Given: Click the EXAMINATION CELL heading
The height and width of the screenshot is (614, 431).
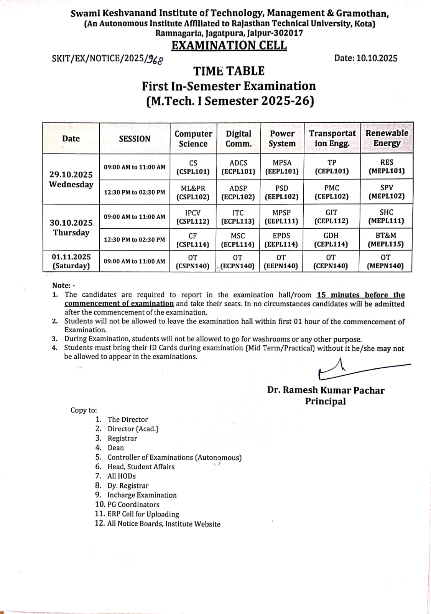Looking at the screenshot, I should [229, 45].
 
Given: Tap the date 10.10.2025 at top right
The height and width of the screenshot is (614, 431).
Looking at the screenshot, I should [365, 58].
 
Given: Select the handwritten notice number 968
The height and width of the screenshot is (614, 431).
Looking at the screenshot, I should [156, 59].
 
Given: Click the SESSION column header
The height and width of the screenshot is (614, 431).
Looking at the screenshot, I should [134, 139].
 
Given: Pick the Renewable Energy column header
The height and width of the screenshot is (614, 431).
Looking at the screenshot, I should [387, 138].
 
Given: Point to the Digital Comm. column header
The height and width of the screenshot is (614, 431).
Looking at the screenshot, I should [238, 139].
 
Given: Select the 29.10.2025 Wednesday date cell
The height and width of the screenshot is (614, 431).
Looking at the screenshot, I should [71, 179].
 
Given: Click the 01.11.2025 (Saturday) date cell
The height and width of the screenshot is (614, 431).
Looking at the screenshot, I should [71, 261].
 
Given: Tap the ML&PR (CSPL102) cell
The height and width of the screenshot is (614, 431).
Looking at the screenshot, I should [193, 192].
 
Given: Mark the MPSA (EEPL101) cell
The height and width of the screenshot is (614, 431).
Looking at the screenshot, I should [282, 167].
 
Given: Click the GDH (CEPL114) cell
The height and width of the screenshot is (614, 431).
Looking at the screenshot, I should [331, 240].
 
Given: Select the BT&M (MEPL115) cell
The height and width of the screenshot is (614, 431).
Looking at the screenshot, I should [386, 240].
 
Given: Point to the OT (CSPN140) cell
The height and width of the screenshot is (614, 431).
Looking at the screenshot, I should [192, 261].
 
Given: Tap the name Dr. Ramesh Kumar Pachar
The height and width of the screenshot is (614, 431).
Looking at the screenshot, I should [326, 390].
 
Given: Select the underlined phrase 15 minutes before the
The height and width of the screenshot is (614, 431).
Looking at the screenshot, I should [360, 295].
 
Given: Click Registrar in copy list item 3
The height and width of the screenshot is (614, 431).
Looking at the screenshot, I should [122, 438].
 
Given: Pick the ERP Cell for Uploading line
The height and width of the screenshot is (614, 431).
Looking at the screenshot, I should [143, 514].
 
